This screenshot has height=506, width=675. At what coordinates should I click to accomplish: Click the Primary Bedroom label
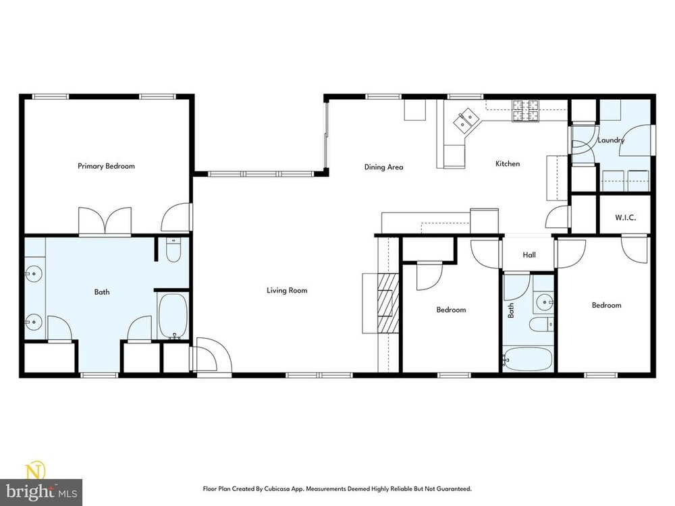106,166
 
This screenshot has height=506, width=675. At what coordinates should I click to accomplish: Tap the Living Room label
287,290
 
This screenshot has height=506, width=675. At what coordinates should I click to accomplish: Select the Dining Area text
383,167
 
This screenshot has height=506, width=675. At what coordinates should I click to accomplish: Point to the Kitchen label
508,163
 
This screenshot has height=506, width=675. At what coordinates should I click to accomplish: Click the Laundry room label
611,140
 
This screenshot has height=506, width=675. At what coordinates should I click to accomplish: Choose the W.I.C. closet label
625,218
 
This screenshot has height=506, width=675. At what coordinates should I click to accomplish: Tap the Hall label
529,255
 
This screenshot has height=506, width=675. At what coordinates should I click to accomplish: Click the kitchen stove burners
525,111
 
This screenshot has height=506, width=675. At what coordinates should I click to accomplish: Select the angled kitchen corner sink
465,120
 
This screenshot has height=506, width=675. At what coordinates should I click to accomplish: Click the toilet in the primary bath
173,250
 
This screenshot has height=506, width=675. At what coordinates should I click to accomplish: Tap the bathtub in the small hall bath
528,360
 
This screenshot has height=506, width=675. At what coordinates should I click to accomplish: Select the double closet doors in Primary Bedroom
105,221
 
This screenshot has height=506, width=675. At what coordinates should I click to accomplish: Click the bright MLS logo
41,484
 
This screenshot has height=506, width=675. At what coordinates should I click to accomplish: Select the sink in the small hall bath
545,302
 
